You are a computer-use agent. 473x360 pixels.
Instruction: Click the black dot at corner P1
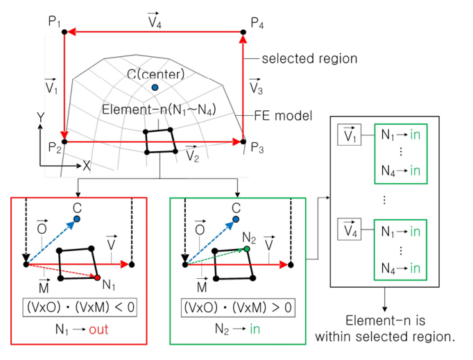tap(64, 31)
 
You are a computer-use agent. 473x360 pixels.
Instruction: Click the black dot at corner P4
tap(243, 31)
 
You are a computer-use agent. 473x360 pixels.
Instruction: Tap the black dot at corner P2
tap(64, 141)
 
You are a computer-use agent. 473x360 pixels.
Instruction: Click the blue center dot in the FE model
tap(155, 87)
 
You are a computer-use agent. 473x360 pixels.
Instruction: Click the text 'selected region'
tap(309, 59)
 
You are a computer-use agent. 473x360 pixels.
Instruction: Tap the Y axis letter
tap(41, 119)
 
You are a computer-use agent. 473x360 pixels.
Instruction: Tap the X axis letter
tap(87, 166)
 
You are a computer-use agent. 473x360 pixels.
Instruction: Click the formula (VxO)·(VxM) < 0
tap(78, 306)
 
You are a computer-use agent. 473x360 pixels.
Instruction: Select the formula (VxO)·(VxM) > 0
tap(237, 306)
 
